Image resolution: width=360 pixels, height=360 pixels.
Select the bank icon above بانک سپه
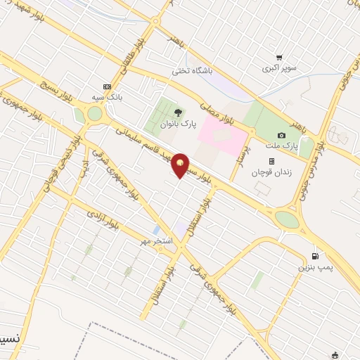coord(107,86)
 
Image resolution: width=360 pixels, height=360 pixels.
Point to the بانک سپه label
coord(107,98)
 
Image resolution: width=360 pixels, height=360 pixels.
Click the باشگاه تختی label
coord(193,71)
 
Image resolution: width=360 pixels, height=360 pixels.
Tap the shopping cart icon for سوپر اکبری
coord(279,58)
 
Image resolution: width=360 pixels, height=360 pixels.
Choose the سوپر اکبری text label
coord(280,69)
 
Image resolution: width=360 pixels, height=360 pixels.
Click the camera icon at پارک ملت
coord(282,135)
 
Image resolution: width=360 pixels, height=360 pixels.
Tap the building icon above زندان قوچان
coord(272,161)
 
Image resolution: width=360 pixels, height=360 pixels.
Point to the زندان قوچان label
coord(271,172)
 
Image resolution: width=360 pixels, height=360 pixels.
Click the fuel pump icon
coord(314,256)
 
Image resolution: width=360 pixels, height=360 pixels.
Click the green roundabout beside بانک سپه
coord(94,113)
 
